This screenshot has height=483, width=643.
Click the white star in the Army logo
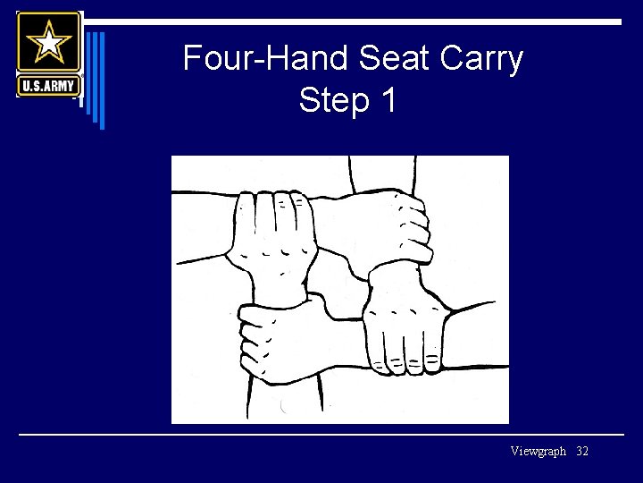pos(49,42)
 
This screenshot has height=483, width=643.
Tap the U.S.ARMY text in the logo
pos(48,86)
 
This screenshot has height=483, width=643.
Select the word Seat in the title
pos(394,57)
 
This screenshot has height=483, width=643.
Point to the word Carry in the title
pos(481,60)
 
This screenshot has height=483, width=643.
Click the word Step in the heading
pos(334,100)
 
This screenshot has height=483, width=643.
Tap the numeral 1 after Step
pos(389,99)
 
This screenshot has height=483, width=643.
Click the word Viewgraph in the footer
pos(538,452)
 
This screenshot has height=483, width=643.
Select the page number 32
pos(582,451)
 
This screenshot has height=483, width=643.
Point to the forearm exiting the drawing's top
pos(382,174)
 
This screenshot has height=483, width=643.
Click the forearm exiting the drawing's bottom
pos(285,401)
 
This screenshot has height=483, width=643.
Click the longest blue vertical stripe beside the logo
pos(102,80)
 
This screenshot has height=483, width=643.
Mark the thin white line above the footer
pos(321,434)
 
